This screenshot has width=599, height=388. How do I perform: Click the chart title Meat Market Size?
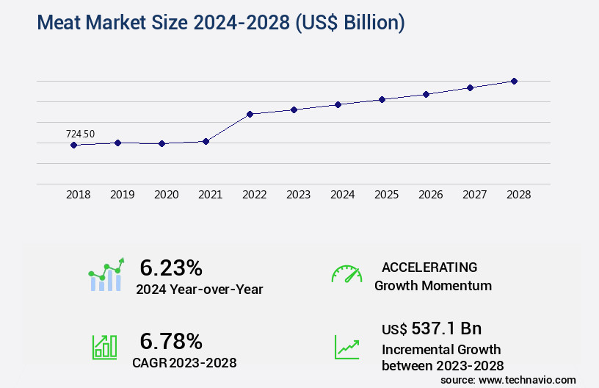click(220, 23)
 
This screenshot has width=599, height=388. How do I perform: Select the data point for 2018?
click(73, 145)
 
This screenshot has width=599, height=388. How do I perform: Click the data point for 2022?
click(250, 114)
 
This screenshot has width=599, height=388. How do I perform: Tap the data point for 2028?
click(514, 81)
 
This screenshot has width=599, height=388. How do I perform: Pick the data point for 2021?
click(206, 141)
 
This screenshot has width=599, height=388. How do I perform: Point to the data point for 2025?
click(382, 99)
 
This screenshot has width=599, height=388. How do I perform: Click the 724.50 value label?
click(80, 134)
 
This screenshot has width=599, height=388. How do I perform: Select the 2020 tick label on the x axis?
click(167, 195)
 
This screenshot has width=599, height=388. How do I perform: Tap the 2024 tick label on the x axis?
click(343, 195)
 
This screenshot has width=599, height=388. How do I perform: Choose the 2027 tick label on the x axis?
click(475, 195)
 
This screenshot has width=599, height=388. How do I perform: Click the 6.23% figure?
click(171, 267)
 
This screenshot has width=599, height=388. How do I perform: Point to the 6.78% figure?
click(171, 341)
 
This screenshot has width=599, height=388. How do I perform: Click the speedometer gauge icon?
click(346, 274)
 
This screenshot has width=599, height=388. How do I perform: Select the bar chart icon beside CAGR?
click(104, 347)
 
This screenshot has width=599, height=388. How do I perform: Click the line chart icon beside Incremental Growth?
click(346, 347)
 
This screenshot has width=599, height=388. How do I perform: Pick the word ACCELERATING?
click(429, 267)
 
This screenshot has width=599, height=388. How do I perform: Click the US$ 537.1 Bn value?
click(432, 328)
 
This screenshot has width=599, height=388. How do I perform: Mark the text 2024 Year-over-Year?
click(199, 290)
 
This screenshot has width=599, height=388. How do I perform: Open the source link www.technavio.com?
click(526, 379)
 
